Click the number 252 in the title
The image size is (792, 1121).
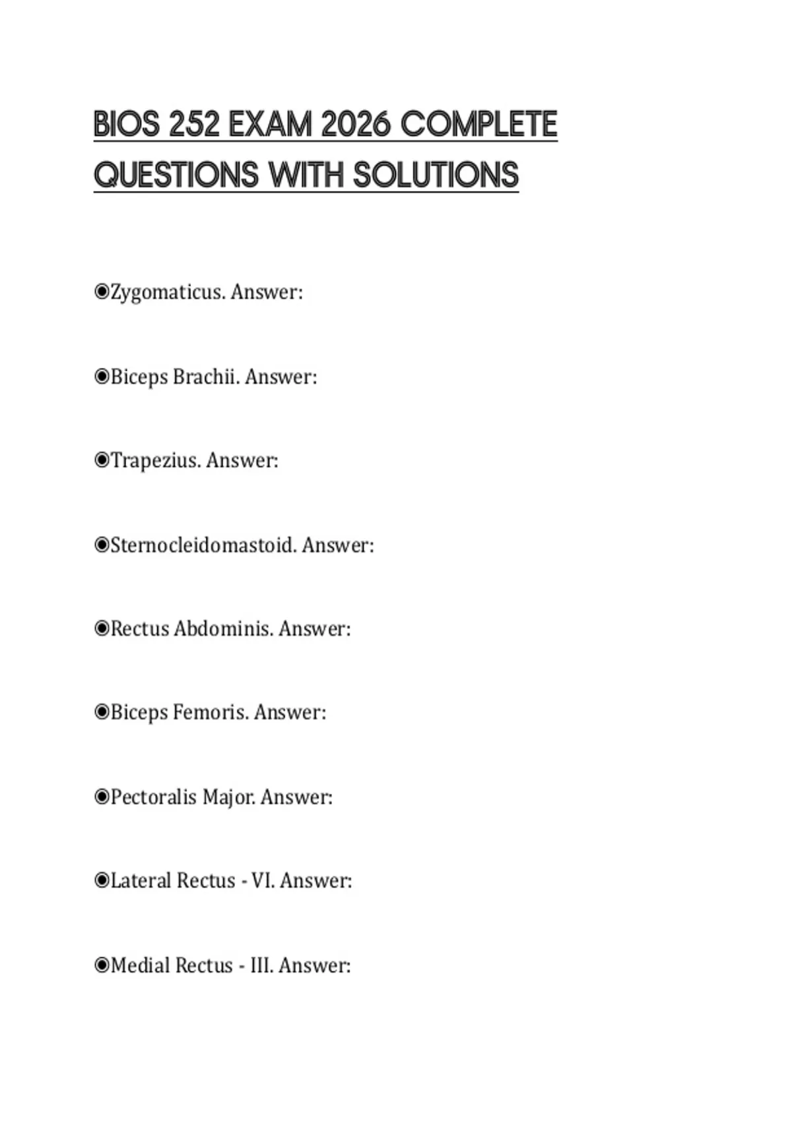pos(194,125)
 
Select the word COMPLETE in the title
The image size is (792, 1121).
pos(479,125)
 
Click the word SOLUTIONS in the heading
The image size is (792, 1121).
pos(436,175)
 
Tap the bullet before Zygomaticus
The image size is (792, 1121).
pos(102,291)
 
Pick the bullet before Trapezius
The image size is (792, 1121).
pos(102,460)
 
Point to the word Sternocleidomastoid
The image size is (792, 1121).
pos(203,545)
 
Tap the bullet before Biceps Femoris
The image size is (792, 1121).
pos(102,712)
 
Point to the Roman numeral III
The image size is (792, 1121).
pos(261,965)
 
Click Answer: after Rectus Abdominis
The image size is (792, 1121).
pos(314,629)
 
